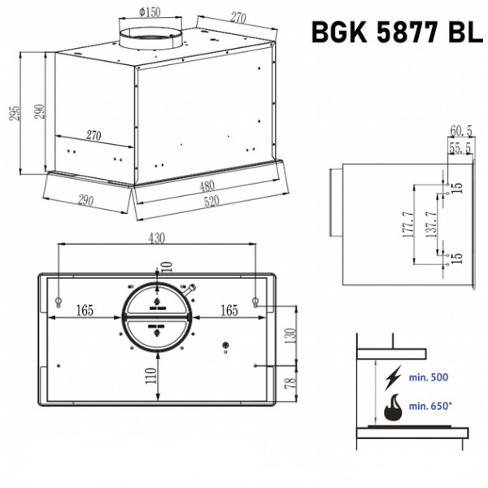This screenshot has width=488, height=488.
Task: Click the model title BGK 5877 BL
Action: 397,32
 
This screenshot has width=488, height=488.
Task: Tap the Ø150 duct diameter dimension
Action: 150,12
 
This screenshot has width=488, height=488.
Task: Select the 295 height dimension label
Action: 15,113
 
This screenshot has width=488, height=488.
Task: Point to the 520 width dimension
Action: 211,202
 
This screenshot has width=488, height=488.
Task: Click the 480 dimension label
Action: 207,186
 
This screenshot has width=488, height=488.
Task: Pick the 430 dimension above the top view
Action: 156,238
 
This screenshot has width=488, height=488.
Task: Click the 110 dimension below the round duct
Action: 151,376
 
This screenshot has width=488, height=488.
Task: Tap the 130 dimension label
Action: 290,335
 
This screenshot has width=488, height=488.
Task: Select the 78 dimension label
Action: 290,383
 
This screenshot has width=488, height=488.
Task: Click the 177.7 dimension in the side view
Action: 408,224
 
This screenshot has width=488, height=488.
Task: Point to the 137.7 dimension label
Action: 431,224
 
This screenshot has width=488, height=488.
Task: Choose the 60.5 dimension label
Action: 461,131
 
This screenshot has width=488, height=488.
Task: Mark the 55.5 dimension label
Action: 460,148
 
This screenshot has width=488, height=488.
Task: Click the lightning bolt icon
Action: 393,378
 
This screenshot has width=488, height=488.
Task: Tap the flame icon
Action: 393,407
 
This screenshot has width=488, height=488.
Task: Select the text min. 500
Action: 429,377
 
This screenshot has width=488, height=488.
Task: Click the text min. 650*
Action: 430,406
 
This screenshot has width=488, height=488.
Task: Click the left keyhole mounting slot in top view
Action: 59,302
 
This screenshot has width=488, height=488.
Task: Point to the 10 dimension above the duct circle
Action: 167,267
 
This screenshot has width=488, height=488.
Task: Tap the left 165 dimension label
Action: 85,311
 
